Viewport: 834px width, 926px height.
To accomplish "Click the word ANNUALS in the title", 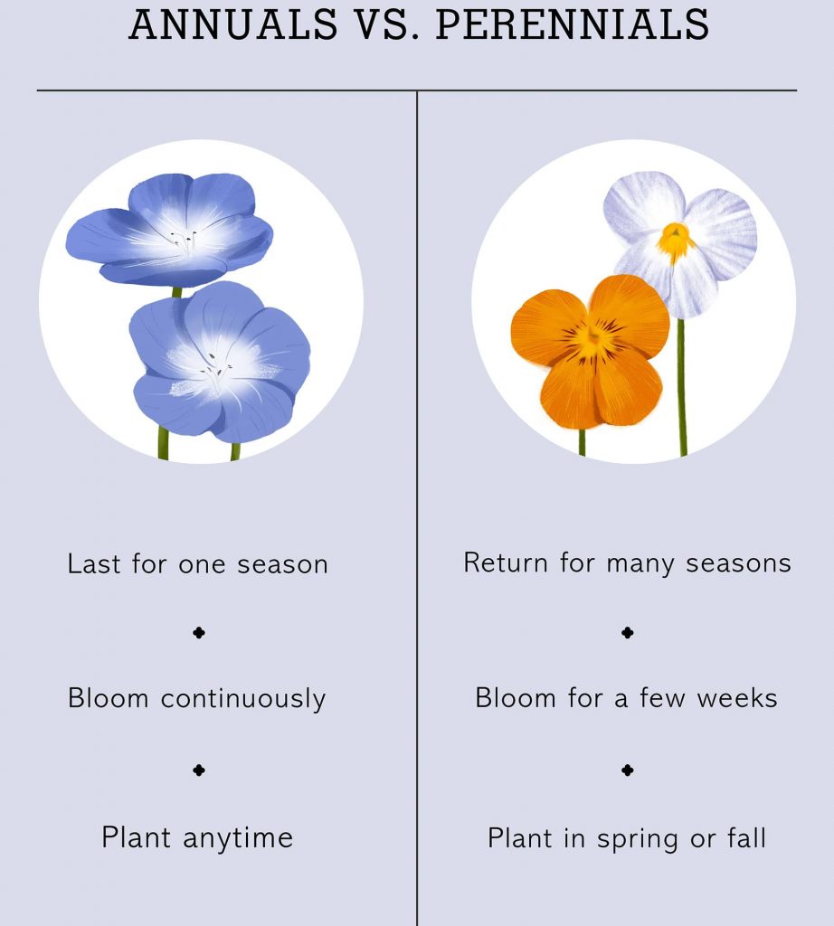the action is click(x=233, y=24).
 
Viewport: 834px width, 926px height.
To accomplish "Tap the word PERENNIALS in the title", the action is click(x=573, y=24).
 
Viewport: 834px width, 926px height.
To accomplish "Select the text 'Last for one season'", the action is click(x=198, y=564).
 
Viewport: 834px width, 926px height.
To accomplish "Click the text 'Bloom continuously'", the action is click(x=197, y=699).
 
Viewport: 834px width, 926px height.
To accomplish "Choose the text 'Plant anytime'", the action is click(x=197, y=838).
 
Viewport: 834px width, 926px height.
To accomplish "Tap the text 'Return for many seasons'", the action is click(x=627, y=563).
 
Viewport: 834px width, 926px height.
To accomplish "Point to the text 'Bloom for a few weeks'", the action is click(x=627, y=698).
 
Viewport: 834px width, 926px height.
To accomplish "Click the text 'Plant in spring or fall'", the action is click(x=627, y=838).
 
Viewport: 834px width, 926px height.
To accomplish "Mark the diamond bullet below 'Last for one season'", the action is click(x=199, y=632).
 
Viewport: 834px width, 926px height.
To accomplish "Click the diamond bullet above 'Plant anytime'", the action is click(x=199, y=770).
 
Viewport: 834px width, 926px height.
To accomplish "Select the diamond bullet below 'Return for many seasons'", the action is click(x=628, y=632).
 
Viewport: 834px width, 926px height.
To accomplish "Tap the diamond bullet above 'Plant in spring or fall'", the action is click(x=628, y=770).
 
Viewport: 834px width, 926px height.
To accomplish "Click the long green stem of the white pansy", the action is click(x=682, y=387).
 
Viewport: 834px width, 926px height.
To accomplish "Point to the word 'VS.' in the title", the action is click(x=387, y=24).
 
